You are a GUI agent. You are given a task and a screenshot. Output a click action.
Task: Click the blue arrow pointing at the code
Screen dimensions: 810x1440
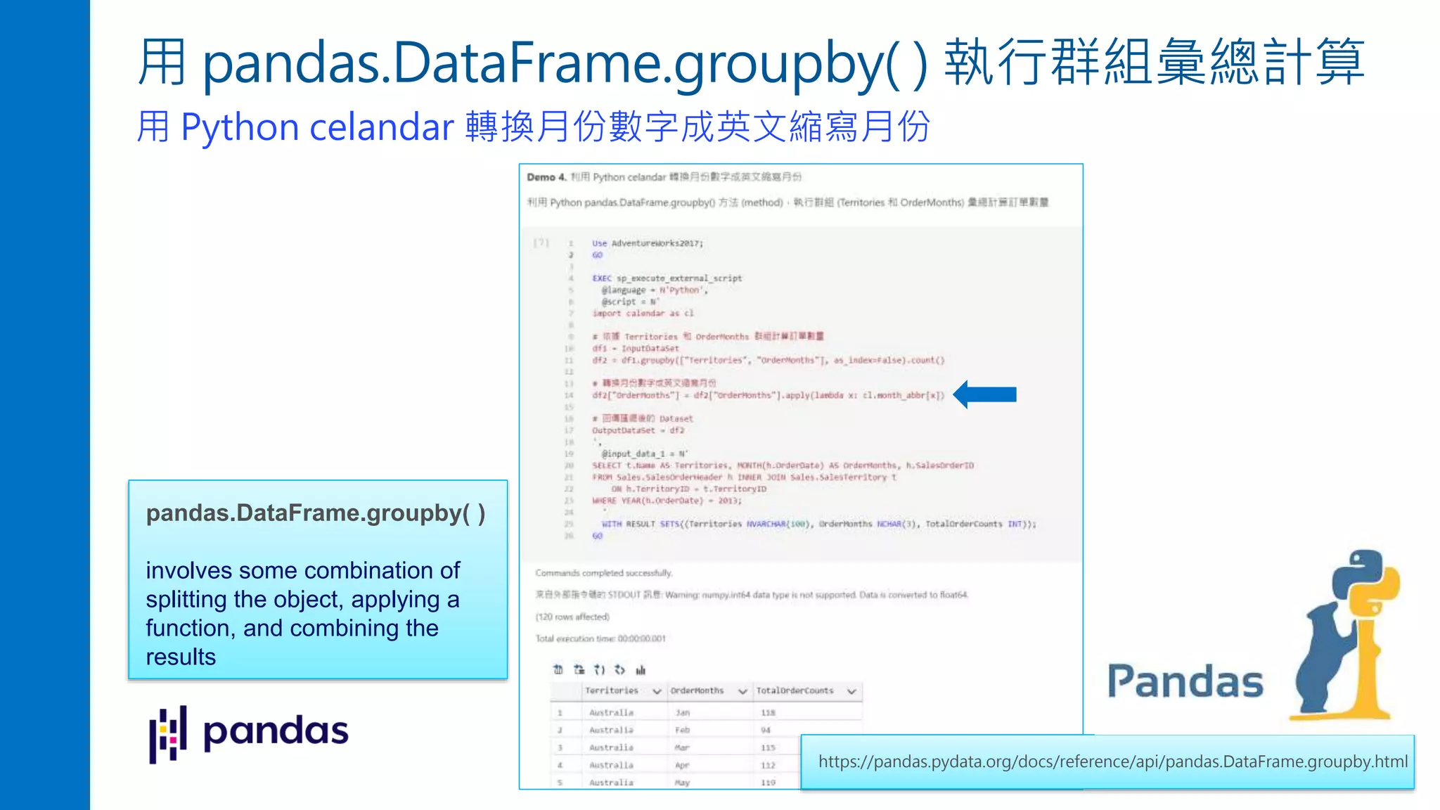point(986,394)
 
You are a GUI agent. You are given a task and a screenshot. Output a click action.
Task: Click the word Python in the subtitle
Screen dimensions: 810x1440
point(240,127)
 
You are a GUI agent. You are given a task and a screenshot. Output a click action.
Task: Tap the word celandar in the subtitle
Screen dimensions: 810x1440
point(382,127)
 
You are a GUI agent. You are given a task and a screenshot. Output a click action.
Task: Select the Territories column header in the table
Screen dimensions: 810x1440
point(612,691)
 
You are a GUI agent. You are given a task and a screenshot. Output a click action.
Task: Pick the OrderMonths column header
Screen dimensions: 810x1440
point(697,691)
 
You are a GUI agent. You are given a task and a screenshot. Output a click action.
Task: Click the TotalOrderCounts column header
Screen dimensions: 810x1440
point(795,691)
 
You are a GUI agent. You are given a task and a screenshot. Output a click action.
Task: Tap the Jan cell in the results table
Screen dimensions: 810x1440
point(683,713)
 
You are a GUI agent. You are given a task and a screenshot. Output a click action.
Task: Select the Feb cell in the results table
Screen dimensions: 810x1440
point(682,731)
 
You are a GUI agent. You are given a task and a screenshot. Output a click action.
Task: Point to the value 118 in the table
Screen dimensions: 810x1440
point(768,713)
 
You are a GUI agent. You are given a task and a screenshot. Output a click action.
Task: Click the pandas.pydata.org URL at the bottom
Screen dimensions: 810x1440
point(1112,762)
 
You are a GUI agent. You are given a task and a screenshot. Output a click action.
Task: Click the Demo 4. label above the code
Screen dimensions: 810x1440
point(546,177)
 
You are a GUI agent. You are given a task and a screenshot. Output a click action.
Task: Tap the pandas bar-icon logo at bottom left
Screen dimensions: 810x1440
point(168,733)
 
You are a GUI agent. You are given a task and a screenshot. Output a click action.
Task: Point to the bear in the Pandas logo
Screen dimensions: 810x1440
point(1325,661)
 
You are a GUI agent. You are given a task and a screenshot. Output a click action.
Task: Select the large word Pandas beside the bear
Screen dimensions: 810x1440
point(1185,682)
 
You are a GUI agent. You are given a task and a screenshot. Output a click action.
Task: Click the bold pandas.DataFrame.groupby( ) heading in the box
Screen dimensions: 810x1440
point(316,513)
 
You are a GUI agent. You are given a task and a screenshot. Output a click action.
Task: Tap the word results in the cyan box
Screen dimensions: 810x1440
point(181,657)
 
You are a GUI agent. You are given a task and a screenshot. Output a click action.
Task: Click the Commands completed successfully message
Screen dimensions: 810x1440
point(603,573)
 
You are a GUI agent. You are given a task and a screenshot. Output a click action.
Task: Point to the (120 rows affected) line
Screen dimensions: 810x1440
point(572,617)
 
